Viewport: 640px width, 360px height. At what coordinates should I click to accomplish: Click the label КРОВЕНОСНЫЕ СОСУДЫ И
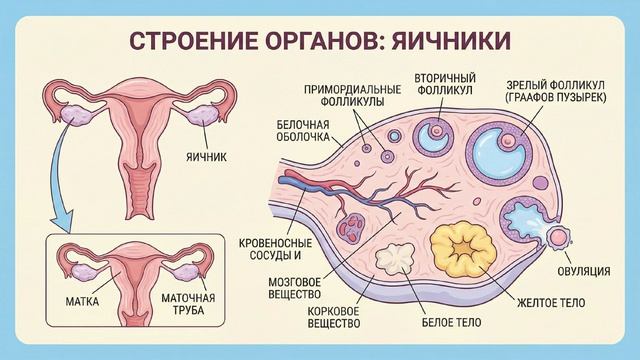click(276, 249)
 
